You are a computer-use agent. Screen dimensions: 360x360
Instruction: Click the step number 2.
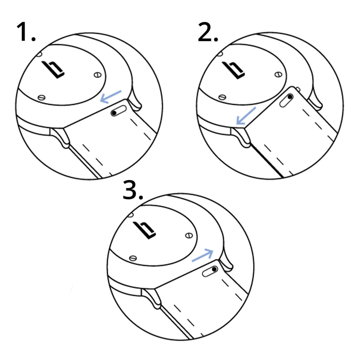[207, 32]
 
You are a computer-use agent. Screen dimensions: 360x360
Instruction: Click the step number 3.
[133, 192]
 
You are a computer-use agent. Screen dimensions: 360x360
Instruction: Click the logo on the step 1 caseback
[53, 69]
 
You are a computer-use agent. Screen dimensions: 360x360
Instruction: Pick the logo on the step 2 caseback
[234, 70]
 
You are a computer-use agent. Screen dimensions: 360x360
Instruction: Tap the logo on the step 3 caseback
[145, 229]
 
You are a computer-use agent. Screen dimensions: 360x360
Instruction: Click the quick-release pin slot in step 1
[119, 112]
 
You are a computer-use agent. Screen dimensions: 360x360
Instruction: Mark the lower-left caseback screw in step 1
[41, 97]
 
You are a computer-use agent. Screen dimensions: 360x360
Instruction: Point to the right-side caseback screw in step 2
[278, 74]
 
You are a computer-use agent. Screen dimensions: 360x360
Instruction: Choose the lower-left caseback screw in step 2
[222, 97]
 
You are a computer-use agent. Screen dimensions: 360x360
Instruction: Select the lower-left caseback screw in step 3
[133, 258]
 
